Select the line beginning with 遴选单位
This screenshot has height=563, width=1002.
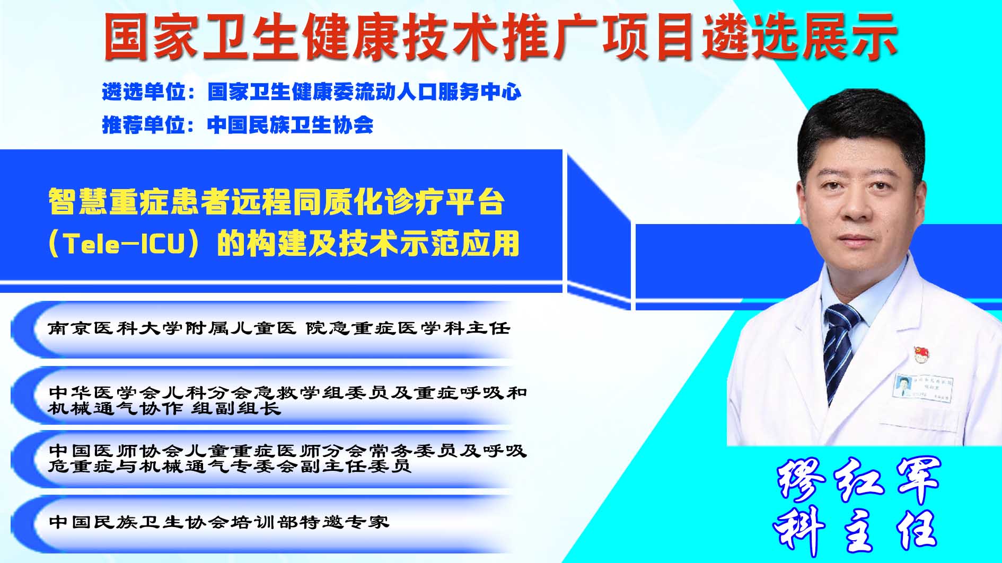coord(312,92)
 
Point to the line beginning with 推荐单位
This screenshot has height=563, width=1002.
coord(238,125)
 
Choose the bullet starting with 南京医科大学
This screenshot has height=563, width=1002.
coord(279,328)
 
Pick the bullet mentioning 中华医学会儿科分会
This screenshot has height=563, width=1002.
coord(287,400)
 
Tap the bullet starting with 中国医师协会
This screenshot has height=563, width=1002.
coord(287,459)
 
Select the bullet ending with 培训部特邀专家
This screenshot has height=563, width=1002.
coord(219,522)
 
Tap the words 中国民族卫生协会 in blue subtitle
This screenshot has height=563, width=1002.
coord(290,125)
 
